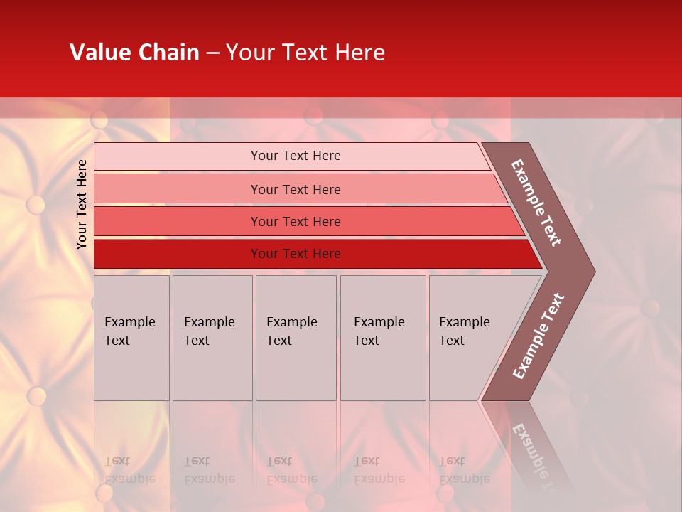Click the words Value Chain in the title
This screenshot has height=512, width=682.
(x=134, y=53)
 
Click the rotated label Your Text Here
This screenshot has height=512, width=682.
(x=82, y=204)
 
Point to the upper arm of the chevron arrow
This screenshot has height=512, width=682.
(x=536, y=203)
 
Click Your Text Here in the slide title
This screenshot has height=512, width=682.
(x=305, y=53)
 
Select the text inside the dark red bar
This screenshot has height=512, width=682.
(x=296, y=254)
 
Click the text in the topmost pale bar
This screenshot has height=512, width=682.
(x=296, y=156)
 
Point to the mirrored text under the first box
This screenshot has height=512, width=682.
(x=130, y=469)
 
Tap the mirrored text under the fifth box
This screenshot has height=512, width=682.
(x=464, y=469)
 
